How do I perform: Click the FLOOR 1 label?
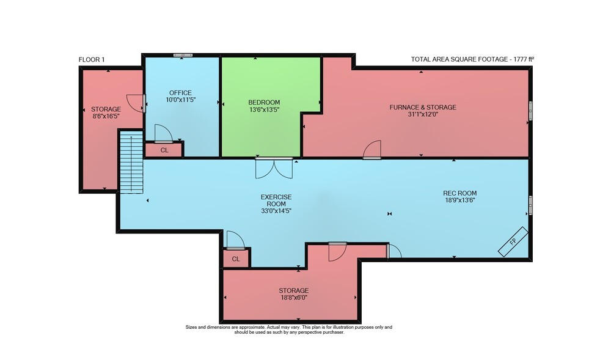pos(92,60)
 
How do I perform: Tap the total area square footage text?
pos(472,59)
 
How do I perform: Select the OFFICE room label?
pos(180,93)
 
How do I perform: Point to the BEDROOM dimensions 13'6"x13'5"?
pos(264,109)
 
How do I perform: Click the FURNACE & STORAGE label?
pos(423,107)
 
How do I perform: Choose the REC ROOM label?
pos(460,193)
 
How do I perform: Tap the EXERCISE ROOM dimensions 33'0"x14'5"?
pos(276,211)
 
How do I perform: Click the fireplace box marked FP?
pos(513,241)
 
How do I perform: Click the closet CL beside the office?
pos(164,150)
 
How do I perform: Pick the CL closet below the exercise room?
pos(236,259)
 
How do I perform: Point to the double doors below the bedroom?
pos(274,168)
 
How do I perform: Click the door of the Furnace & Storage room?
pos(371,150)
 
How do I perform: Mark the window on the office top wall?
pos(183,56)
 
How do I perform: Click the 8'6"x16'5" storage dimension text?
pos(106,116)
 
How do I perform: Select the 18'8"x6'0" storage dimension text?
pos(294,298)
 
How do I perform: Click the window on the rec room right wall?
pos(530,205)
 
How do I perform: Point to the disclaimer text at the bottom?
pos(289,329)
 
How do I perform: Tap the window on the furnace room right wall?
pos(530,111)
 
